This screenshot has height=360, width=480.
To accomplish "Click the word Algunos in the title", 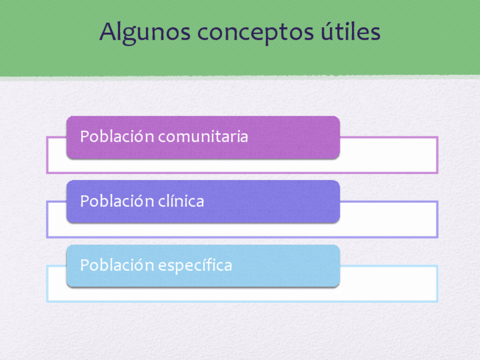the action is click(145, 33).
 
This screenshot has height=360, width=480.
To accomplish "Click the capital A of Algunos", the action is click(107, 31).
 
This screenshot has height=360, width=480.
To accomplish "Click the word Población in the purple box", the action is click(117, 136).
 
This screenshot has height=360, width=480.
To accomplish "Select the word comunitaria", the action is click(203, 136).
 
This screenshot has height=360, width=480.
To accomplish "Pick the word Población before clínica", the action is click(117, 201).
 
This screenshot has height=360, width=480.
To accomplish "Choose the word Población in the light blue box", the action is click(117, 265).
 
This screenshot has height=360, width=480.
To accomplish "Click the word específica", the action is click(195, 265).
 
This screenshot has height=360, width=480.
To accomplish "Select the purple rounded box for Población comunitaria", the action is click(203, 138).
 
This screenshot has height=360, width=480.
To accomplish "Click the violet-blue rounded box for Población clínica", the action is click(203, 202).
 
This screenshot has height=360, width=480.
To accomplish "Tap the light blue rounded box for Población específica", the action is click(203, 265).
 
